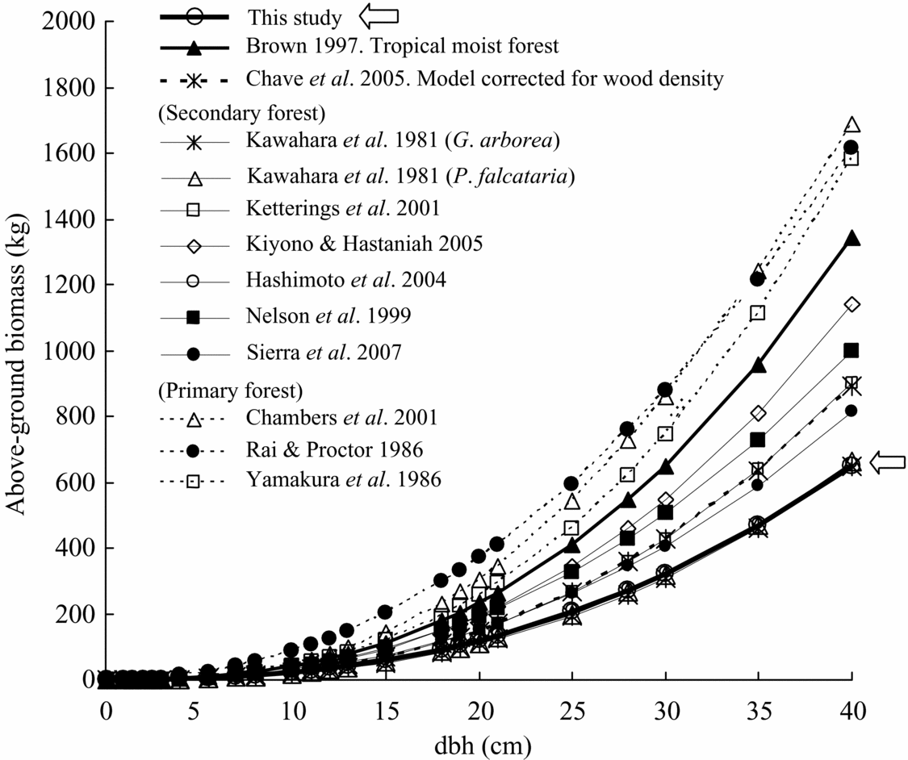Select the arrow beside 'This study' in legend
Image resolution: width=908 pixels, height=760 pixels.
pos(379,15)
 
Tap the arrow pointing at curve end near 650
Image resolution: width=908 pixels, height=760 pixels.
pos(886,462)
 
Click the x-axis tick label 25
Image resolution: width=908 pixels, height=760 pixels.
pos(571,712)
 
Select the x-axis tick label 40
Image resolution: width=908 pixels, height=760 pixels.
pos(852,712)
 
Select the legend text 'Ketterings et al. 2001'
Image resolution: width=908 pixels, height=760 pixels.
pos(333,209)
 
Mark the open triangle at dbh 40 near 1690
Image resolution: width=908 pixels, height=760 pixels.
pos(852,125)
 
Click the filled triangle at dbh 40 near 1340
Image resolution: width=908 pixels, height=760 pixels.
pos(852,239)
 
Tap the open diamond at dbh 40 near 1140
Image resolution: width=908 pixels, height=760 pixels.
pos(852,304)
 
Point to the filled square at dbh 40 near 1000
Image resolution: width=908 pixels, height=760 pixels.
pos(852,350)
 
